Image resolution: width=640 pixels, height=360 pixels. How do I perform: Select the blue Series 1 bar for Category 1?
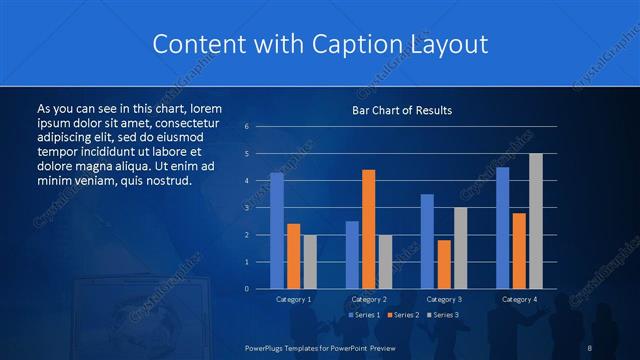277,231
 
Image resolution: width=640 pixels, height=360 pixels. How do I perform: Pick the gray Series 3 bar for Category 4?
536,221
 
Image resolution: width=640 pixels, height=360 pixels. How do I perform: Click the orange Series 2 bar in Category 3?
444,264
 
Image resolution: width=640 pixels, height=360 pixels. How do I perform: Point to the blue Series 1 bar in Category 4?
503,228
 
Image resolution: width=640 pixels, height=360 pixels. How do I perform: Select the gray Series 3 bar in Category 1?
309,262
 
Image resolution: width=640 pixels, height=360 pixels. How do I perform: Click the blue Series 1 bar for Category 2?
352,255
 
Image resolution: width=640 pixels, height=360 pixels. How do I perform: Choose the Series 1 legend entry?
365,315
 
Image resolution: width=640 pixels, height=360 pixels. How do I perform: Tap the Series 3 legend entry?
443,315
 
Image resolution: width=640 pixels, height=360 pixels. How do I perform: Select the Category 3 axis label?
444,299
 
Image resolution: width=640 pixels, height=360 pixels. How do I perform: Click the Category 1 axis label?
293,299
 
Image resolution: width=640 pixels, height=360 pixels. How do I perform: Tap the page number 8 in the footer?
590,347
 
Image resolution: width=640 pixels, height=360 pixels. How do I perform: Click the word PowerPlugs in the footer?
267,347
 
